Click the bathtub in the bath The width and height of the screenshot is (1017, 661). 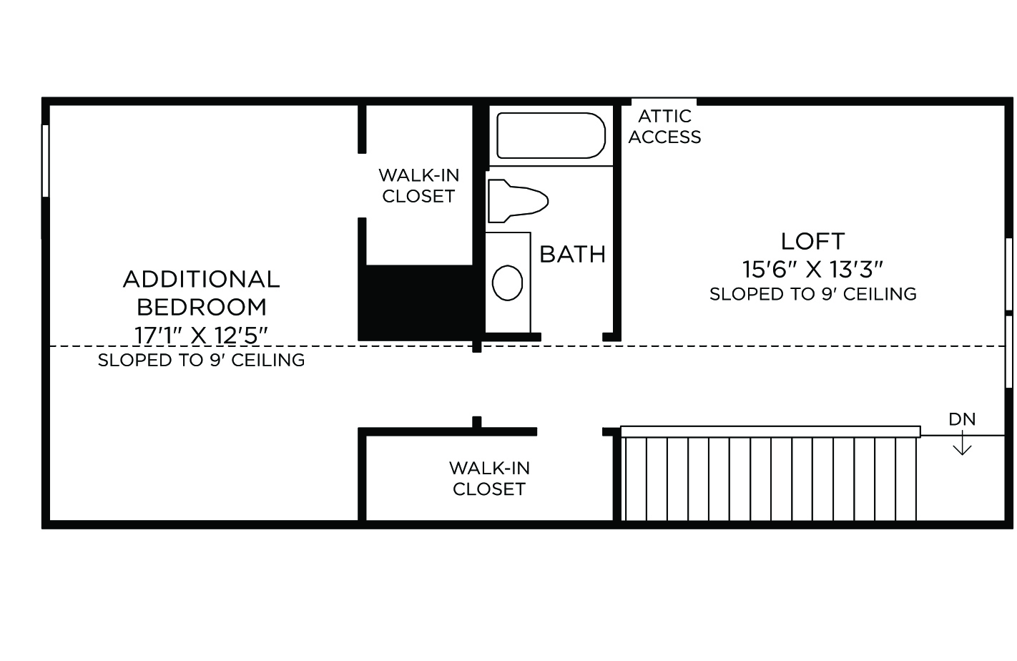click(551, 135)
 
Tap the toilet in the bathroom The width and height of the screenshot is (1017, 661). click(518, 201)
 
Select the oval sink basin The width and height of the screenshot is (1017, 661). click(507, 283)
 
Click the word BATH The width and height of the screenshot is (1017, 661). click(573, 254)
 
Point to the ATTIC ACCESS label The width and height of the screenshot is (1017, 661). click(664, 127)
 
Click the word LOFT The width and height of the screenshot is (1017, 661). click(812, 241)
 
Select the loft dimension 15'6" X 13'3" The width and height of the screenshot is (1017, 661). click(812, 269)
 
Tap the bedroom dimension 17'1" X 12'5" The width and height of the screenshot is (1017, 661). click(201, 336)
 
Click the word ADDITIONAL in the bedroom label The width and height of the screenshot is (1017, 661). click(201, 279)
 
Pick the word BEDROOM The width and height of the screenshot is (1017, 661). click(201, 308)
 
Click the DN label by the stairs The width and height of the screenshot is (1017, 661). click(962, 419)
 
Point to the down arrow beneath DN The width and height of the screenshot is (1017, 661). click(962, 443)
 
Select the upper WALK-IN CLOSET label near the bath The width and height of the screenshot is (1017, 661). click(418, 186)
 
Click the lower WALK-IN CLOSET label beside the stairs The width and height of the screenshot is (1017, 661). click(489, 479)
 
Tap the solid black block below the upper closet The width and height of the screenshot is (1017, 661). click(419, 303)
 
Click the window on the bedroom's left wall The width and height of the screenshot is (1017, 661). click(45, 161)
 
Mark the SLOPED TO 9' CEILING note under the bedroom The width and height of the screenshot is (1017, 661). click(201, 361)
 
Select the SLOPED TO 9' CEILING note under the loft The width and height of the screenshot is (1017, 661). click(812, 294)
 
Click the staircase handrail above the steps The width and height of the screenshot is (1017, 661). click(770, 431)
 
